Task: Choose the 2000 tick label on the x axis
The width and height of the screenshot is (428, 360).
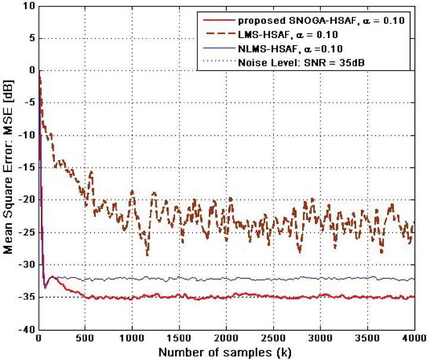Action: click(x=226, y=339)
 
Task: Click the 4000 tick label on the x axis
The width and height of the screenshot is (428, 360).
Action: click(x=413, y=339)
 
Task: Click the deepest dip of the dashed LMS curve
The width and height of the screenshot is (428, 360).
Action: click(x=148, y=255)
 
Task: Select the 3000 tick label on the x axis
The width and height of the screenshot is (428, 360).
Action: click(x=320, y=339)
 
